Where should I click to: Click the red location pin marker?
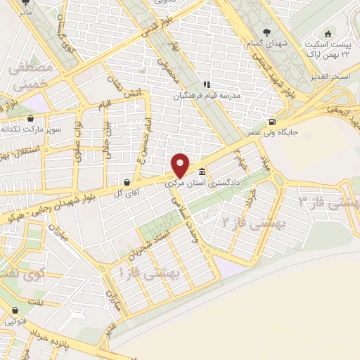pyautogui.click(x=181, y=164)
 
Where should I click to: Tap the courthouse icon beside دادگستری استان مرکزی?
pyautogui.click(x=202, y=172)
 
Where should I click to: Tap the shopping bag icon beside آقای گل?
pyautogui.click(x=126, y=180)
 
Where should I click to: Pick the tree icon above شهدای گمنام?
pyautogui.click(x=266, y=32)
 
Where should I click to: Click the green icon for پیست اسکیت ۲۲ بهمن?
pyautogui.click(x=328, y=33)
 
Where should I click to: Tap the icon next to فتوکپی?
pyautogui.click(x=14, y=310)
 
